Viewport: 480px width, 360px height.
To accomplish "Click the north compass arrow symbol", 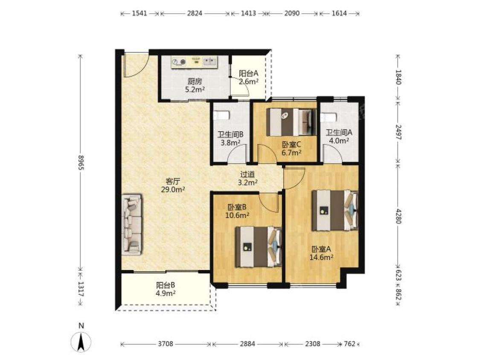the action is click(81, 341).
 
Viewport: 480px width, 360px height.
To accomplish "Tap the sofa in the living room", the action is click(132, 224).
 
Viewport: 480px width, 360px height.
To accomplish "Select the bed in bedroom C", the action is click(291, 122).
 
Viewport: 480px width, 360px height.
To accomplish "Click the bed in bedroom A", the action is click(335, 210).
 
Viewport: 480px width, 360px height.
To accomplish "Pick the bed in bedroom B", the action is click(259, 247).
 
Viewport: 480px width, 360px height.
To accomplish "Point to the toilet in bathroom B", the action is click(221, 115).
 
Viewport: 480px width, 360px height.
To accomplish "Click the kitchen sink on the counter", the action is click(209, 61).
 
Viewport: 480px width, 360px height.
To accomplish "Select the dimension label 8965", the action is click(81, 163).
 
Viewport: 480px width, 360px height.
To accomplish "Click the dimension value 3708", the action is click(166, 344).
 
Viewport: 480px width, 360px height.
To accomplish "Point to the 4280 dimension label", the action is click(398, 216).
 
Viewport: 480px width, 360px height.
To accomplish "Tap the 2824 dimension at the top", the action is click(195, 13).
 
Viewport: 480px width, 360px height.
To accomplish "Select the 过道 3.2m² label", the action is click(247, 178).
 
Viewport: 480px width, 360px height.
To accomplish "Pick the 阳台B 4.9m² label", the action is click(166, 289).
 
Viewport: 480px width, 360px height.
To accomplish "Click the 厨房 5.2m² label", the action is click(195, 85).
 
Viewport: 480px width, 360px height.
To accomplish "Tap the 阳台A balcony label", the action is click(249, 73).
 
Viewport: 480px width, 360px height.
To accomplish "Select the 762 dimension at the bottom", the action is click(349, 344).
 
